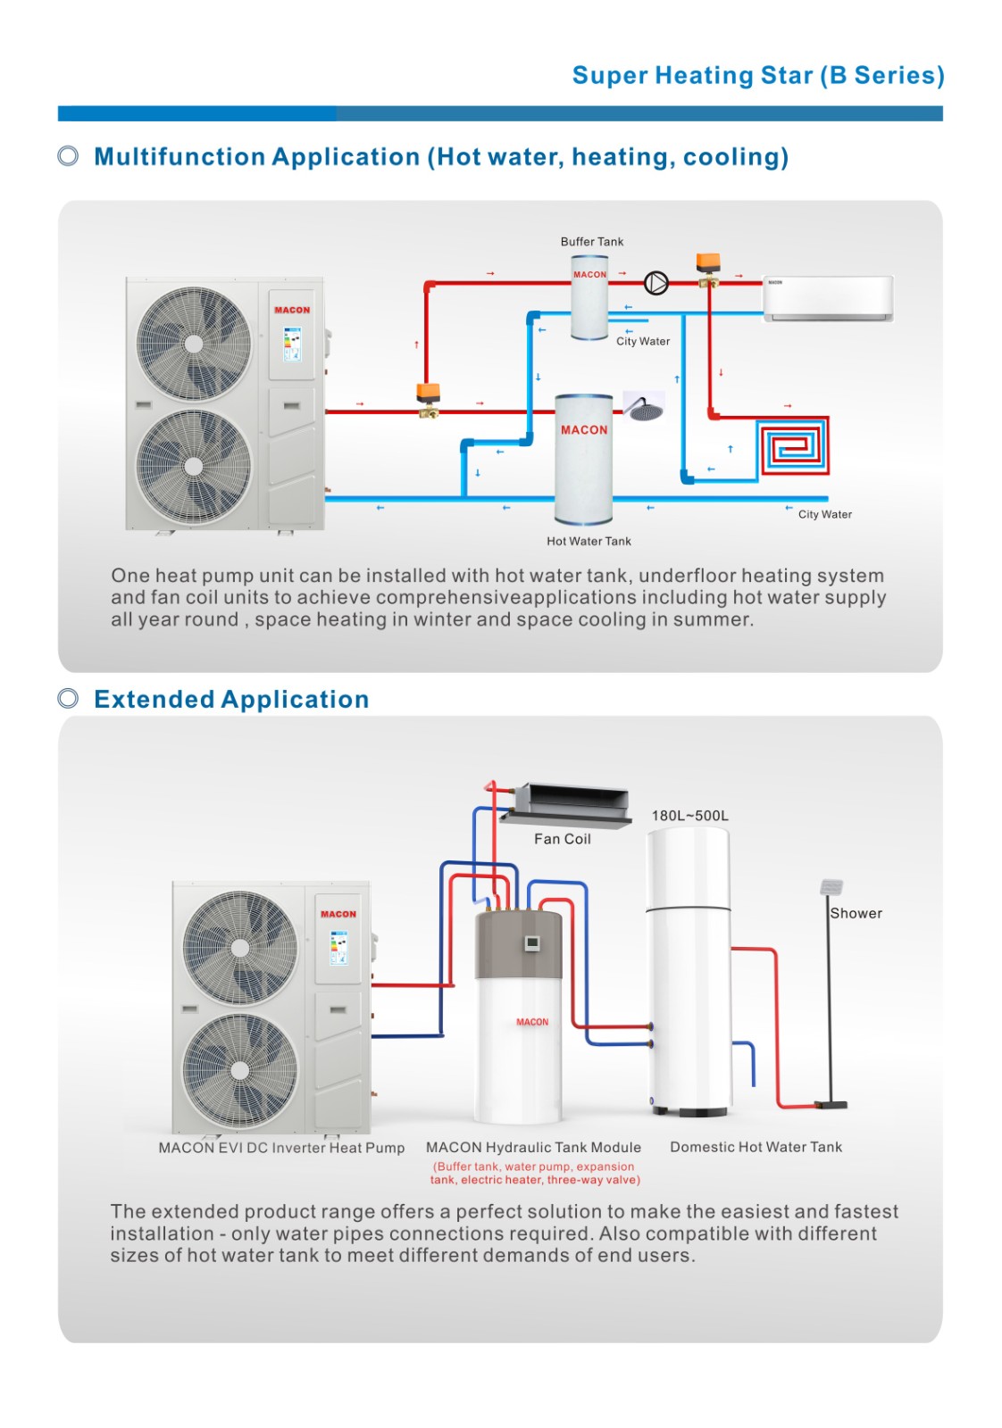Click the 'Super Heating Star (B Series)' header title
[x=757, y=75]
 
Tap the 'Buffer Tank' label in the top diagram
[x=591, y=242]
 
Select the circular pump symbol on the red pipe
[x=655, y=283]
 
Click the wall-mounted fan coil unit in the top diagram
[x=828, y=298]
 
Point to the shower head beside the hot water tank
[x=642, y=407]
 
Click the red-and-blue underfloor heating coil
[x=794, y=445]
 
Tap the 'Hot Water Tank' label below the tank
[x=589, y=541]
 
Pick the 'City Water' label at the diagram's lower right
[x=824, y=514]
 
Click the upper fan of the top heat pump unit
[x=194, y=344]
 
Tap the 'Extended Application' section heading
[x=231, y=699]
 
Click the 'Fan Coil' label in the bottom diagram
[x=562, y=839]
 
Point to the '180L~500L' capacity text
[x=689, y=816]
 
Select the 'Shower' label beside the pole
[x=856, y=913]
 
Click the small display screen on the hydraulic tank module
[x=531, y=942]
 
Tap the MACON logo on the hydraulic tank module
[x=532, y=1022]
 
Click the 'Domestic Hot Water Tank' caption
[x=756, y=1147]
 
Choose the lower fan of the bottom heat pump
[x=239, y=1069]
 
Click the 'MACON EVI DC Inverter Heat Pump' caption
[x=281, y=1148]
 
